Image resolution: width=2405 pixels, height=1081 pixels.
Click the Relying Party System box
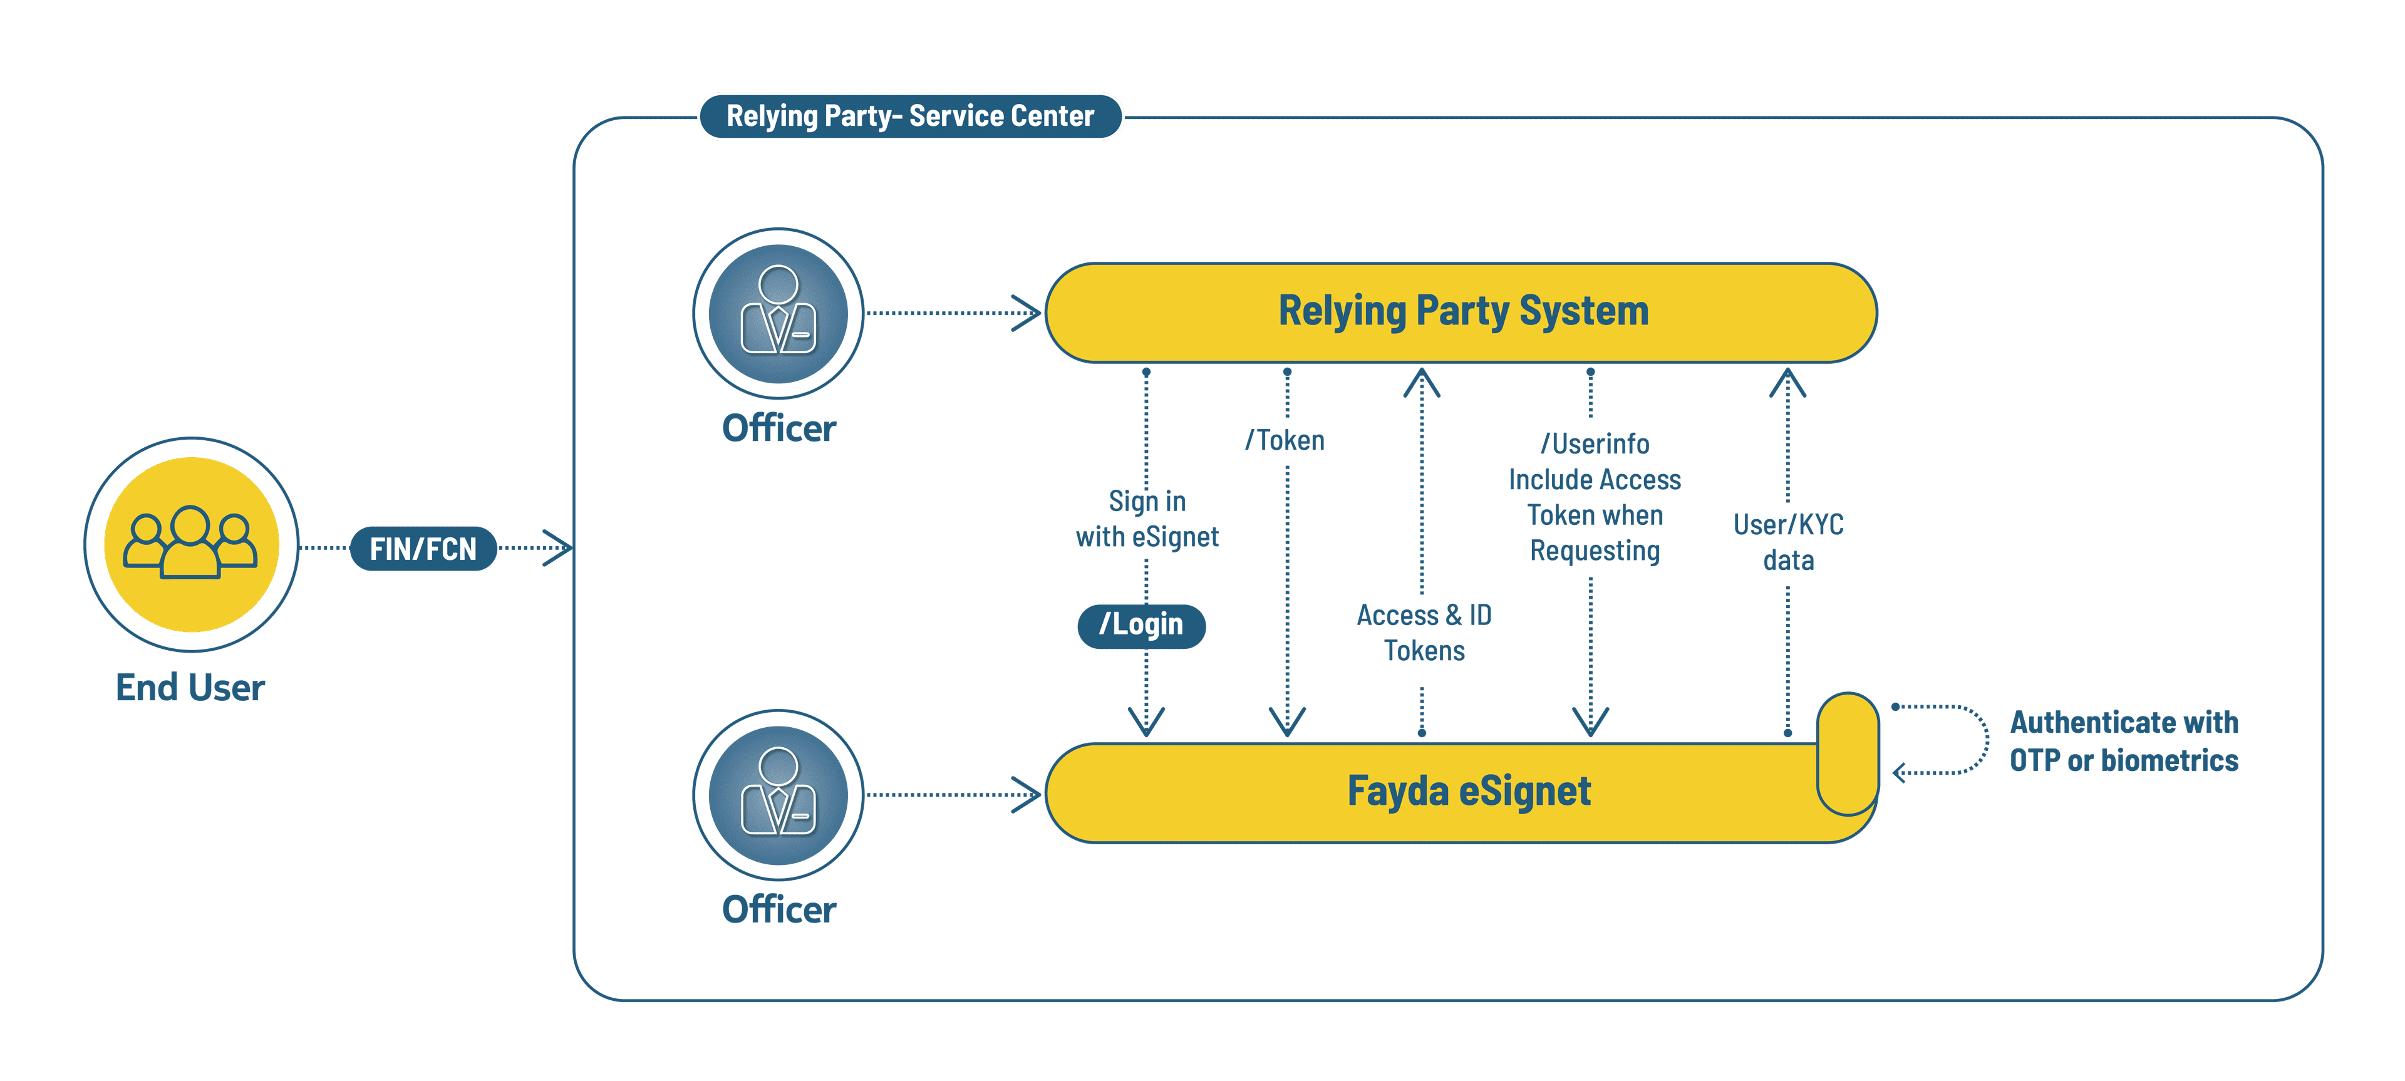(1461, 312)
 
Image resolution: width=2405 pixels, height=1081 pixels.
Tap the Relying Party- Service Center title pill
(910, 116)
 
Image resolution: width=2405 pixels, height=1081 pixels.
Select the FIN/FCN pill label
(423, 549)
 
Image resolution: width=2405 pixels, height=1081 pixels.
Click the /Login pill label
(1141, 624)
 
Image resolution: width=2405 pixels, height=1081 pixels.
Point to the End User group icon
(192, 544)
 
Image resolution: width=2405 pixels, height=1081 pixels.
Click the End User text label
(190, 688)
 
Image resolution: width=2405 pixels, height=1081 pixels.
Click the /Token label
(1286, 440)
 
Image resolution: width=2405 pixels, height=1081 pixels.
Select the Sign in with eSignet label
(1147, 519)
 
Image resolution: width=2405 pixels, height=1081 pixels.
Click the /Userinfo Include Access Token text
(1595, 497)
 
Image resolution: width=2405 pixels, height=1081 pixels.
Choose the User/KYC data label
(1788, 542)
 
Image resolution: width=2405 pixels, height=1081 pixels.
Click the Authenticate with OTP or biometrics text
(2124, 741)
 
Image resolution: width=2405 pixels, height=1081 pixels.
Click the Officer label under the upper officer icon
(778, 428)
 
